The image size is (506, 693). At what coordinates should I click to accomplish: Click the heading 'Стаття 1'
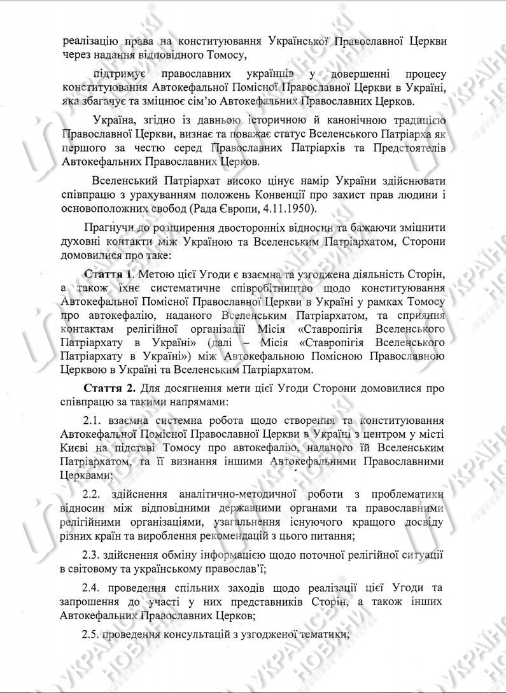tap(109, 274)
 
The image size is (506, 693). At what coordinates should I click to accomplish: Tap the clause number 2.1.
tap(94, 422)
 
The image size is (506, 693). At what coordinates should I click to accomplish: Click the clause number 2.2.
tap(94, 494)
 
